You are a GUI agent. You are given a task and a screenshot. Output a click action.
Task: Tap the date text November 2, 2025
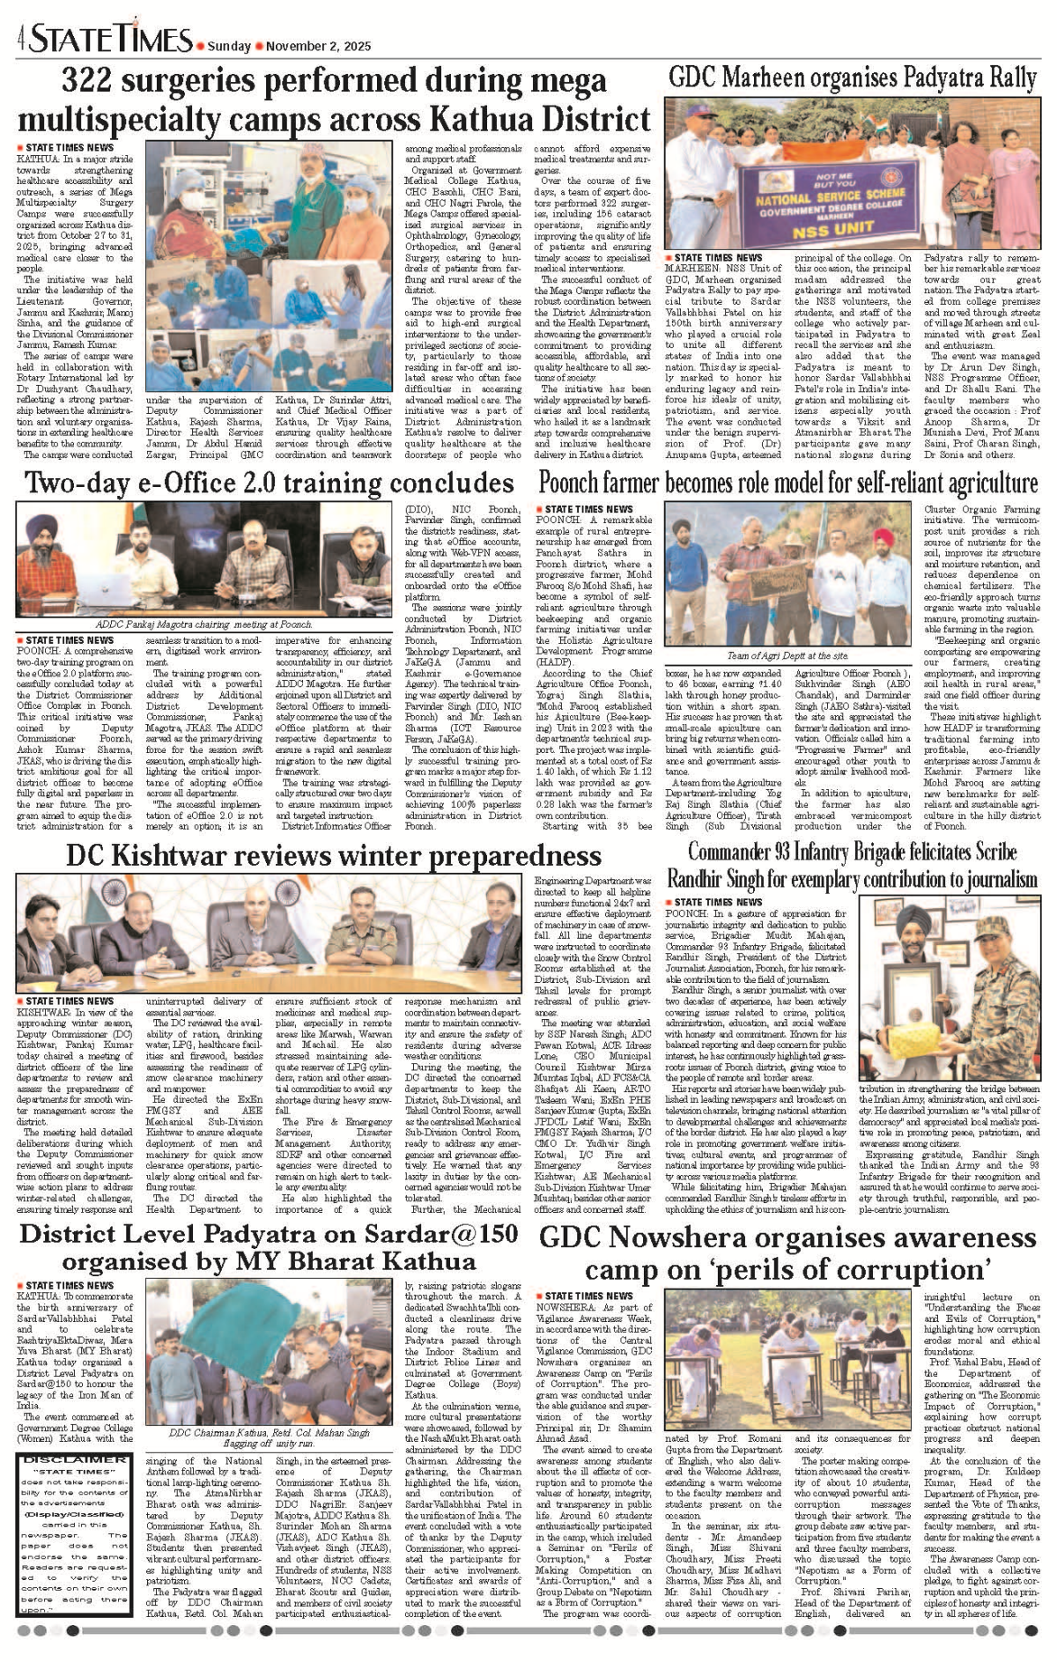pos(318,46)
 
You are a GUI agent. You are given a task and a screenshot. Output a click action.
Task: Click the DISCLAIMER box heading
pos(74,1459)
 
